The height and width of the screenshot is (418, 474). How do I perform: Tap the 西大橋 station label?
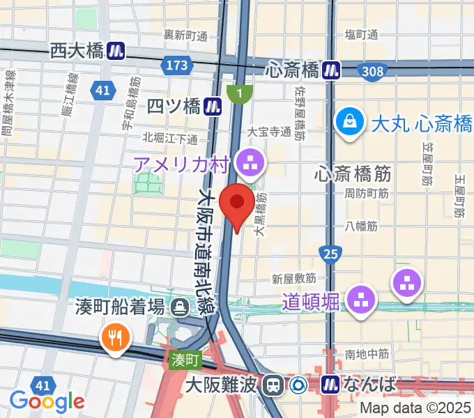(77, 50)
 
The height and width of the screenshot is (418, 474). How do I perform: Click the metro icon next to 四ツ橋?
(213, 107)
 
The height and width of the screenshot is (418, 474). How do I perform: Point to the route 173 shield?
(177, 65)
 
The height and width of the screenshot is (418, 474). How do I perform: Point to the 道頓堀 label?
(309, 301)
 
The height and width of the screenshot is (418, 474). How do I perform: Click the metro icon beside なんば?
(330, 384)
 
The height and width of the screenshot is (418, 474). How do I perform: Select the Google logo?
(47, 401)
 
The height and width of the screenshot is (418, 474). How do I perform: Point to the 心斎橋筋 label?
(353, 172)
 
